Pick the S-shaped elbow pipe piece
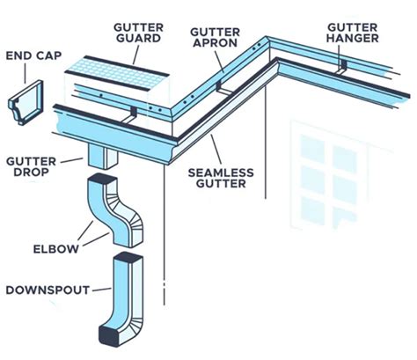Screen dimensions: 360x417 119,211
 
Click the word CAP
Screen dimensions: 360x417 45,56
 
